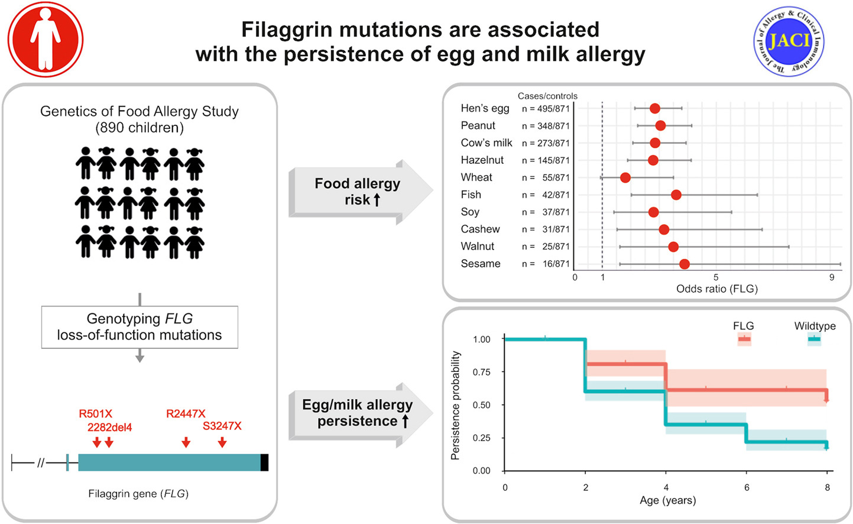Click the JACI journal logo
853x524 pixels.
(789, 41)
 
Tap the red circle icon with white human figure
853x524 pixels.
(46, 40)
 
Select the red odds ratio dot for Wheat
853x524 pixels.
(625, 177)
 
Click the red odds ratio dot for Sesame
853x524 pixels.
(684, 264)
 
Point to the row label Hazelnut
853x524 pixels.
(482, 160)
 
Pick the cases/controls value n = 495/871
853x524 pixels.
(545, 109)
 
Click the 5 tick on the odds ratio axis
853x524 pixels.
(715, 277)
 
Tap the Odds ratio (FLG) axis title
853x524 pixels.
(716, 289)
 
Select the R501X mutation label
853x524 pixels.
(95, 414)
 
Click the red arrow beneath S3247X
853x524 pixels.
(222, 442)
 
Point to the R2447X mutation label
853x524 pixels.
(186, 414)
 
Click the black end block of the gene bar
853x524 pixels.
(264, 462)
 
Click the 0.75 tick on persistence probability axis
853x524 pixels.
(481, 372)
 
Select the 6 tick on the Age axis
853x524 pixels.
(747, 487)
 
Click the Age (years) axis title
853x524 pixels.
(667, 500)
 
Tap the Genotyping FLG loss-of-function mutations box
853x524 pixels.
(140, 327)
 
